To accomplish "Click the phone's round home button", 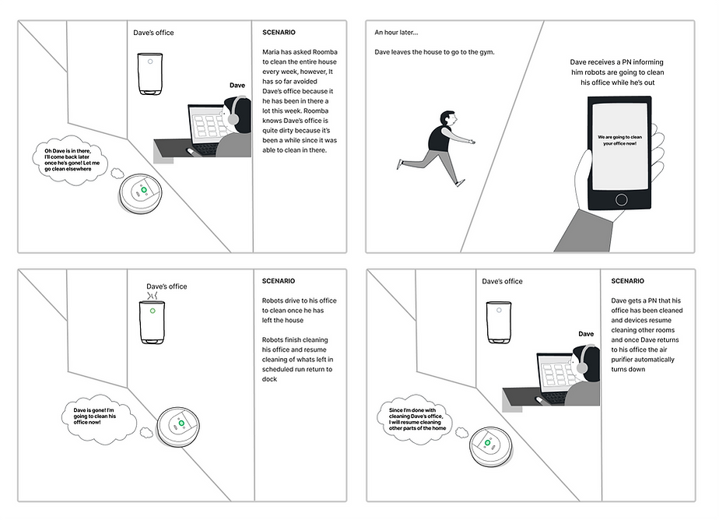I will (x=621, y=199).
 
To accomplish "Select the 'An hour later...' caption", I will (x=396, y=33).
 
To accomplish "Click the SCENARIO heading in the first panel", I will (x=279, y=33).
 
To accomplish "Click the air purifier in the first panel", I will (x=150, y=74).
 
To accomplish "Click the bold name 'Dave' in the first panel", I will (x=237, y=85).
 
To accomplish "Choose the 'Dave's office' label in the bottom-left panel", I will (x=167, y=286).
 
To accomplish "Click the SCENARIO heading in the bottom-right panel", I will (x=627, y=281).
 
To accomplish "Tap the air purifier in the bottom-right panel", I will (x=498, y=321).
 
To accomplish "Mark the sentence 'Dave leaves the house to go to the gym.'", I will (x=434, y=52).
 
